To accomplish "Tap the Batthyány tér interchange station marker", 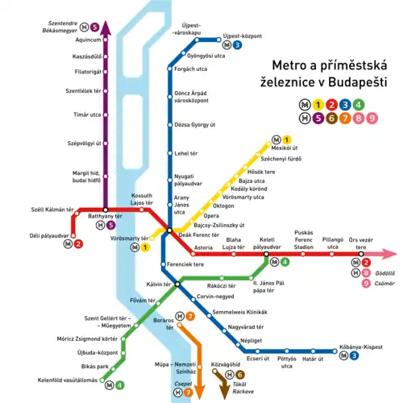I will pos(104,210).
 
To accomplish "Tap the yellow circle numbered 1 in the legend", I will pos(318,104).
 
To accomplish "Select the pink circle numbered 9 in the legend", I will pos(371,119).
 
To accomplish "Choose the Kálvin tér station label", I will pos(158,285).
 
